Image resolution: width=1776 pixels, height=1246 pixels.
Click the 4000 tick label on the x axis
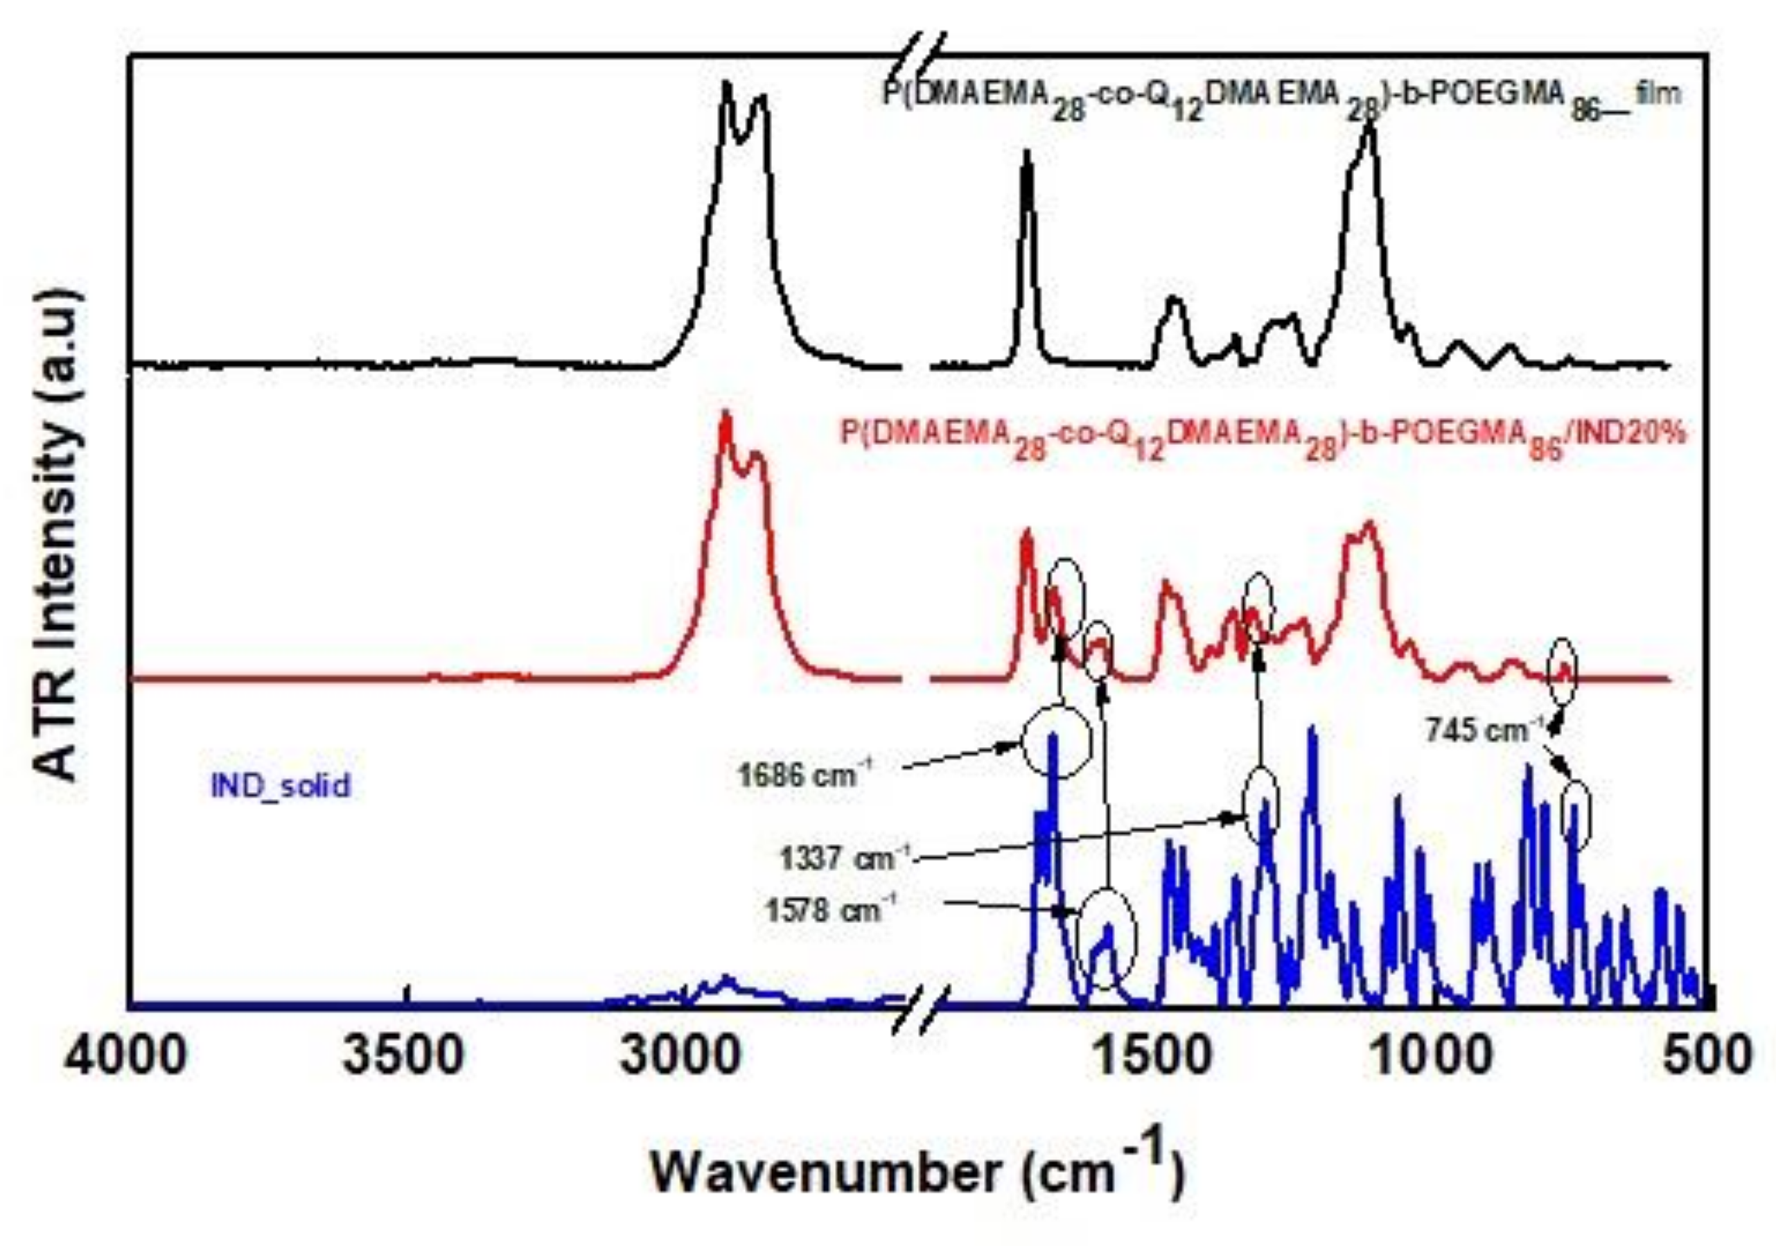[x=126, y=1055]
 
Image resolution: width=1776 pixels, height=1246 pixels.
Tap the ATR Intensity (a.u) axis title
[x=58, y=534]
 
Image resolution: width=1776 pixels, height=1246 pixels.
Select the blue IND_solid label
[x=281, y=786]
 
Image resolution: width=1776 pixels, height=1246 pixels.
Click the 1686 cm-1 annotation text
[x=805, y=774]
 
